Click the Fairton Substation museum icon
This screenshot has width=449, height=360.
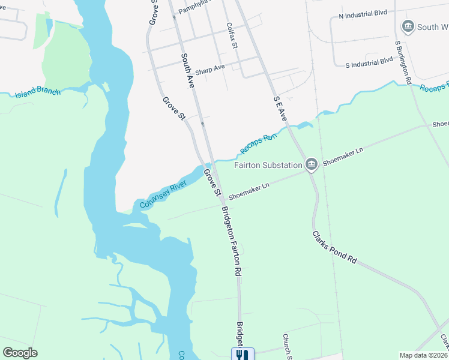pos(311,164)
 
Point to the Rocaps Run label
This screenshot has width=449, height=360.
pos(258,142)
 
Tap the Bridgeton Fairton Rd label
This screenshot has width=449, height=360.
pos(232,241)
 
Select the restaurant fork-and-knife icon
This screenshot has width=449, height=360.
pos(243,354)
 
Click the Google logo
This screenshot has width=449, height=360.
pos(20,353)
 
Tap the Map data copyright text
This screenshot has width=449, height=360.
pos(423,355)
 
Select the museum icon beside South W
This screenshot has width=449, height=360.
pos(408,27)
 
